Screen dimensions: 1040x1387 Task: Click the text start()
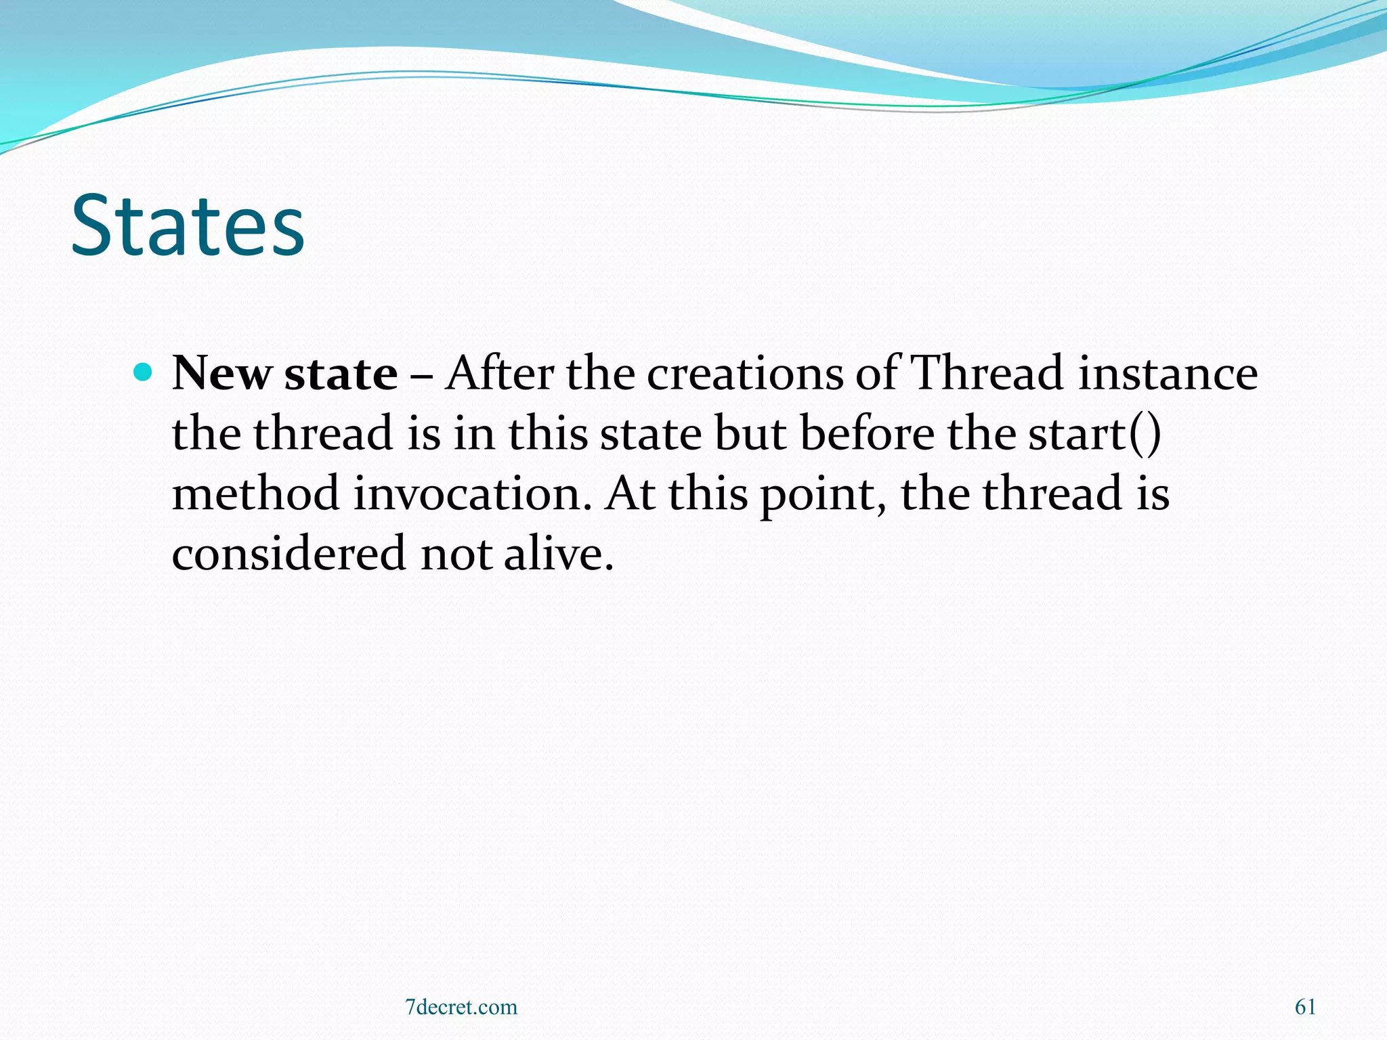[x=1094, y=434]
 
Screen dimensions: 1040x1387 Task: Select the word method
[x=255, y=494]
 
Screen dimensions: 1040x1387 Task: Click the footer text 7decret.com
[x=461, y=1007]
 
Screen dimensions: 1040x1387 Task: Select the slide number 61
[x=1305, y=1007]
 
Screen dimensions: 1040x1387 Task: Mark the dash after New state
[x=421, y=374]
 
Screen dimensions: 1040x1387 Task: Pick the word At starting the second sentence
[x=631, y=494]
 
